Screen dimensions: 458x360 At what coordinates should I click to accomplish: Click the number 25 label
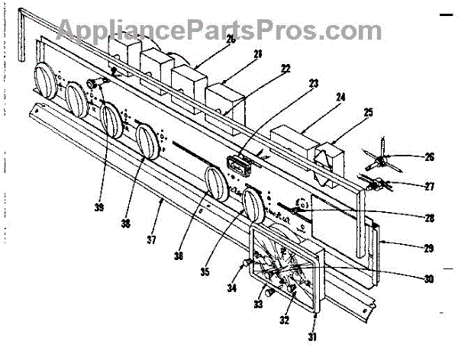[369, 111]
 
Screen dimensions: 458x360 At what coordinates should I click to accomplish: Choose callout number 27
[429, 185]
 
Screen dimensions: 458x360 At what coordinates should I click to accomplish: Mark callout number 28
[429, 217]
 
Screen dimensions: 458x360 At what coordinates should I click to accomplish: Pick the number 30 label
[429, 278]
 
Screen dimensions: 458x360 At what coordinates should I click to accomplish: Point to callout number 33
[257, 304]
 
